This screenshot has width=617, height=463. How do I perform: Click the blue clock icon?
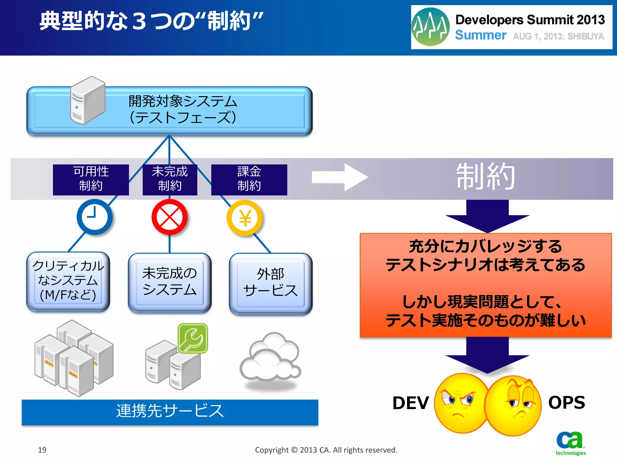(x=95, y=217)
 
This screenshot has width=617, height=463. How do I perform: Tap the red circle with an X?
(x=169, y=217)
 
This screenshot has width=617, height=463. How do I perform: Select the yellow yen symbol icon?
(x=245, y=218)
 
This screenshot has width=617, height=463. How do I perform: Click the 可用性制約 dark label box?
(x=91, y=179)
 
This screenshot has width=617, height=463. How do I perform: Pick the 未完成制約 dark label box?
(x=170, y=179)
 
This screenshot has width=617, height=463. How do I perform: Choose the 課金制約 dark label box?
(x=249, y=179)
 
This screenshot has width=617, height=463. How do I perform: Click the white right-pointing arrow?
(x=340, y=177)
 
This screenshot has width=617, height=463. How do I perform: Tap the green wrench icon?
(x=193, y=338)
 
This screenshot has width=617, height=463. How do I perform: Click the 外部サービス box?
(x=271, y=283)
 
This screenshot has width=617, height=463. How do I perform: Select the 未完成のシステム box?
(x=170, y=282)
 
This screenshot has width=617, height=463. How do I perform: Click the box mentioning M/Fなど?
(x=68, y=281)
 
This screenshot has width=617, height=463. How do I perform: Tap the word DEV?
(x=410, y=403)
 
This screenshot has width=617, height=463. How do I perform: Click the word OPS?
(x=566, y=402)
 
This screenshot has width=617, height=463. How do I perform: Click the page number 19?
(x=42, y=450)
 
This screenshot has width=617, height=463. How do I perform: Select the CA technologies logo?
(x=570, y=443)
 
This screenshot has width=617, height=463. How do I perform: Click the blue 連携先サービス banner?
(x=170, y=412)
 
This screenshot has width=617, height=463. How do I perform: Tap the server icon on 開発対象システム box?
(x=87, y=100)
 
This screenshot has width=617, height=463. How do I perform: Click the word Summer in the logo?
(x=480, y=35)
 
